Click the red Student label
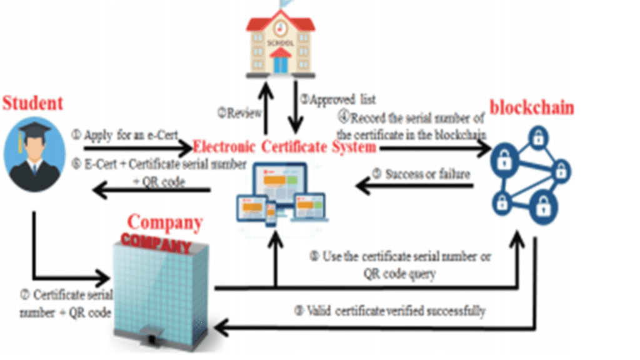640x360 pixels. [x=33, y=103]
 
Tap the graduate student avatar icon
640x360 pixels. [x=34, y=154]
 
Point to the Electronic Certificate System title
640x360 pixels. [x=284, y=147]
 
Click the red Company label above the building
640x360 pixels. [x=165, y=222]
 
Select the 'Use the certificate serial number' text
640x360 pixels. [x=400, y=257]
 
